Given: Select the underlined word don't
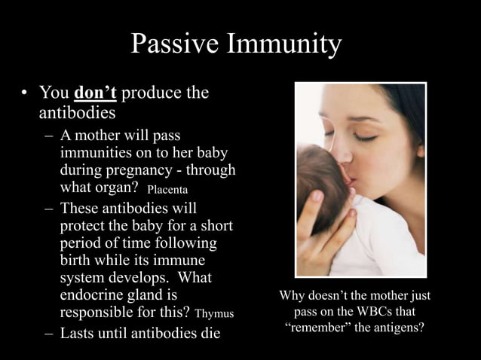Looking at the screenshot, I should pyautogui.click(x=95, y=93).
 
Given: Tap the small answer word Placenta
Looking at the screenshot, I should pyautogui.click(x=167, y=188).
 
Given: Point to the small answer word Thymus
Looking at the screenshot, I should pyautogui.click(x=215, y=313).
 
